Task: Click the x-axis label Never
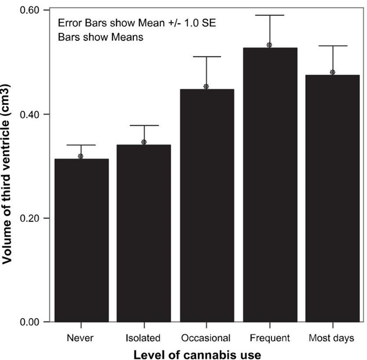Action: (81, 338)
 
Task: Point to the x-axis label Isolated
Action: (143, 338)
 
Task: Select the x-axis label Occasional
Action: (206, 338)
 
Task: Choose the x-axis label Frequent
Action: (269, 338)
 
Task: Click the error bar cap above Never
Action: (81, 145)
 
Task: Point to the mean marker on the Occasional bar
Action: (206, 87)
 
